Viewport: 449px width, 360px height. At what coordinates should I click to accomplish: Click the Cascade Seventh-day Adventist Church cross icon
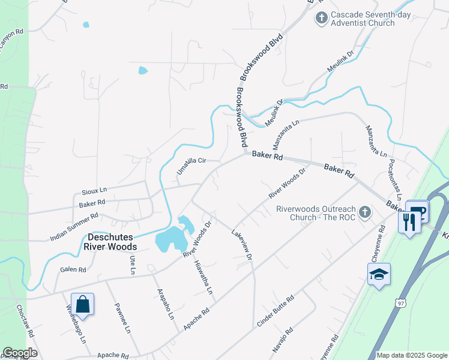pos(322,18)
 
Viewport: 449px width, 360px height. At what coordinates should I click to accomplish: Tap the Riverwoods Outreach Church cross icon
pos(364,212)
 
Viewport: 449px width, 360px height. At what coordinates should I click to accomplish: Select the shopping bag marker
pos(82,304)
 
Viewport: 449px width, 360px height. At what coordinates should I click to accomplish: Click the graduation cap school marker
pos(379,274)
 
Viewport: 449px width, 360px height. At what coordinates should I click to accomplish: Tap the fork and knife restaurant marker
pos(409,222)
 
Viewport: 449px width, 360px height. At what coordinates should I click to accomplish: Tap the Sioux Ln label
pos(94,191)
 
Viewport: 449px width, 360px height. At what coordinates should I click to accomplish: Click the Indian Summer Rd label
pos(74,227)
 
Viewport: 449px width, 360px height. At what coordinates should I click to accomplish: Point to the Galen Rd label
pos(73,270)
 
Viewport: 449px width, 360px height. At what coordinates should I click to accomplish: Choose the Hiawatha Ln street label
pos(203,277)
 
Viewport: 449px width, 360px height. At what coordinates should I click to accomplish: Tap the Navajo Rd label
pos(282,340)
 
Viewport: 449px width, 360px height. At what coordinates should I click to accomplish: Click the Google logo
pos(20,353)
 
